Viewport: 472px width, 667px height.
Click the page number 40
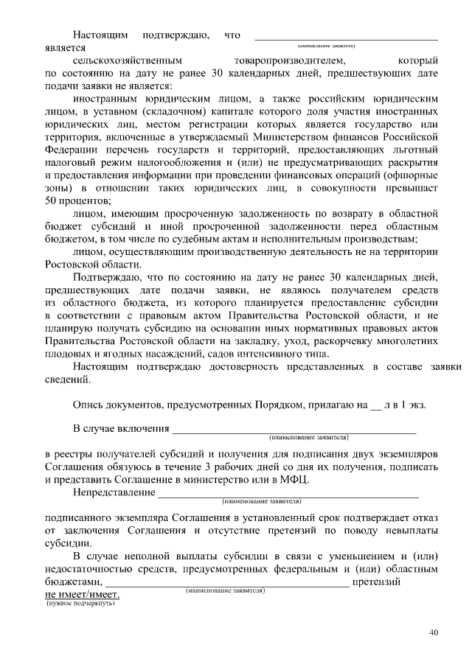point(434,632)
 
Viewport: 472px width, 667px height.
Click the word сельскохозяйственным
point(132,60)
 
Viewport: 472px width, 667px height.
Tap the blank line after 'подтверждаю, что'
point(345,35)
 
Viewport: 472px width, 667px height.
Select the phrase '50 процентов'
point(77,200)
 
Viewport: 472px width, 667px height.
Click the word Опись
point(88,405)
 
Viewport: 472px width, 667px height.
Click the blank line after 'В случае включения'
point(294,429)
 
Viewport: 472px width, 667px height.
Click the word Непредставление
point(114,492)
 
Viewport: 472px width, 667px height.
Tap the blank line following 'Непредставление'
point(288,493)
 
